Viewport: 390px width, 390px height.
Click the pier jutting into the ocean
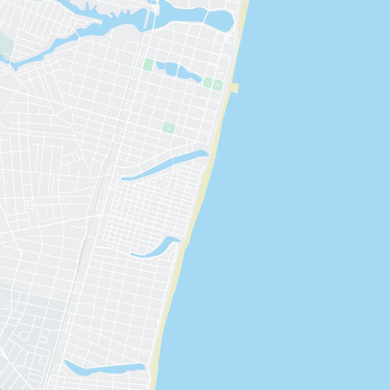[x=234, y=88]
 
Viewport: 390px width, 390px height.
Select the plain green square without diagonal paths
[x=149, y=64]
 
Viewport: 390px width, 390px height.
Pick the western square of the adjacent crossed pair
[x=208, y=82]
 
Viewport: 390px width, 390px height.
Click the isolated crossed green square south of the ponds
[x=169, y=128]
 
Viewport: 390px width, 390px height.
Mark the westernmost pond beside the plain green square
[x=160, y=65]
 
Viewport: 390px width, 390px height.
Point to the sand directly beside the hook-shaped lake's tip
[x=184, y=241]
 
